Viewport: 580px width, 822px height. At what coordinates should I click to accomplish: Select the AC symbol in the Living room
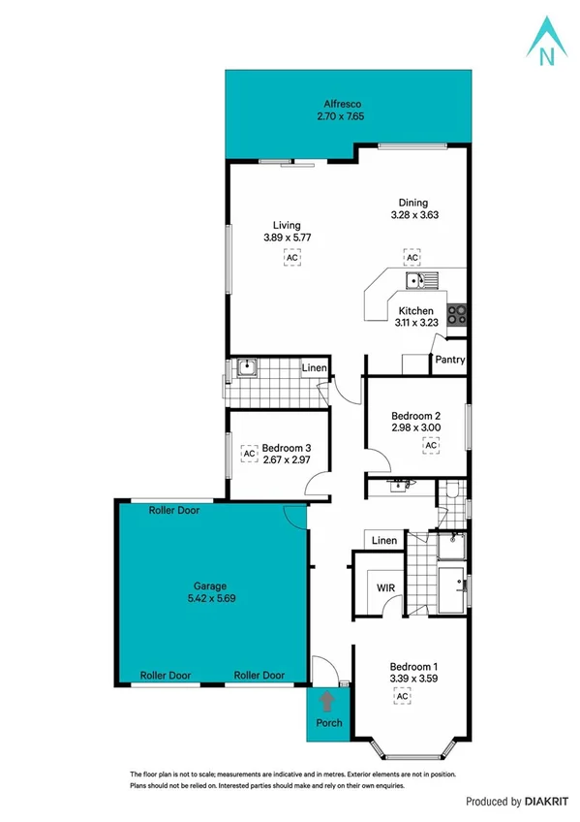tap(291, 257)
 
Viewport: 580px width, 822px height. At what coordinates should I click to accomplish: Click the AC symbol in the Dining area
tap(412, 257)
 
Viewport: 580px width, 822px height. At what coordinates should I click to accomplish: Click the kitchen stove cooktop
tap(458, 313)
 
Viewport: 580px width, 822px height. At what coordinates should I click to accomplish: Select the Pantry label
tap(450, 360)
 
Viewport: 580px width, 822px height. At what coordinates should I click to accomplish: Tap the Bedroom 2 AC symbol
tap(431, 445)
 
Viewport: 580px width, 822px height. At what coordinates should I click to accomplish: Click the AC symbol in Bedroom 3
tap(248, 453)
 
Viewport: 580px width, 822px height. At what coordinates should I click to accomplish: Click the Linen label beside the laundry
tap(314, 368)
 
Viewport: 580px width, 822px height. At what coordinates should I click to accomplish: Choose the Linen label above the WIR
tap(384, 540)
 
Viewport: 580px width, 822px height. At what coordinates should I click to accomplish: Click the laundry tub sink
tap(245, 367)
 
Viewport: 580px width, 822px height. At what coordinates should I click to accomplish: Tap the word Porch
tap(329, 724)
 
